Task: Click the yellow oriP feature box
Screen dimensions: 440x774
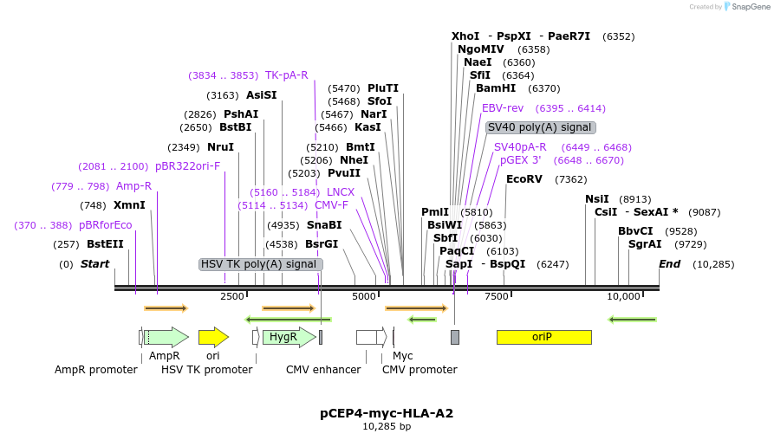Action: coord(543,337)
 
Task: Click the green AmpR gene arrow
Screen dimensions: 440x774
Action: coord(166,337)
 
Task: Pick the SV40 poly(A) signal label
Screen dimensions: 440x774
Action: coord(540,126)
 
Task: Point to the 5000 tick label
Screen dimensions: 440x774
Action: coord(364,296)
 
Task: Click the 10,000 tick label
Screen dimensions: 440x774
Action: coord(623,296)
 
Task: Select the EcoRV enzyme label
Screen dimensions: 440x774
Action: coord(524,179)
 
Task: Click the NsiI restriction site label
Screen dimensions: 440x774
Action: coord(597,198)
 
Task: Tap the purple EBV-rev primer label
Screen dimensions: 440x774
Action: coord(503,108)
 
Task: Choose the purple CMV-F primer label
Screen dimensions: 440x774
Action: coord(331,205)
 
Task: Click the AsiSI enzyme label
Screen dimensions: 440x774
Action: coord(262,95)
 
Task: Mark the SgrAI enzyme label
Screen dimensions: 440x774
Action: coord(645,244)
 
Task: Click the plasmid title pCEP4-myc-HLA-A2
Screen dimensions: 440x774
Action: coord(387,413)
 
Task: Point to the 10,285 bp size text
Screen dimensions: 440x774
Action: coord(387,426)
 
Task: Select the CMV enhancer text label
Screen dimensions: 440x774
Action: coord(323,370)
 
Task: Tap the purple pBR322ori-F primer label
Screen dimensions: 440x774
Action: coord(188,166)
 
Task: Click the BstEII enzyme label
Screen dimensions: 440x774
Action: coord(105,244)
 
